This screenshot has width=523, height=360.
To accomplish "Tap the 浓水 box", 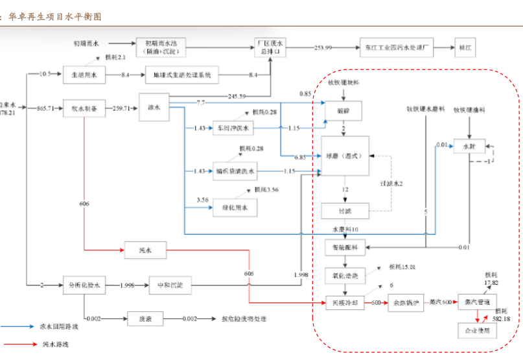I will pyautogui.click(x=154, y=108).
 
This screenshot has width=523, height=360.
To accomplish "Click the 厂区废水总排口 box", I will pyautogui.click(x=270, y=47).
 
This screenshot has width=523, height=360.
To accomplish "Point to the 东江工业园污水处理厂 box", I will pyautogui.click(x=396, y=47).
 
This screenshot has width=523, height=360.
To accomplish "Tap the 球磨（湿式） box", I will pyautogui.click(x=344, y=156).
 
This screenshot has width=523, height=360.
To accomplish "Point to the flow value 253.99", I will pyautogui.click(x=323, y=48).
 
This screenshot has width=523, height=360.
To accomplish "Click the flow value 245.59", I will pyautogui.click(x=237, y=97).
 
